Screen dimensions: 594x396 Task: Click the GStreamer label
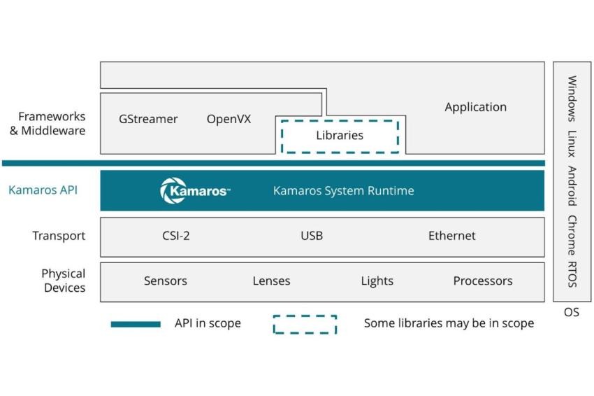148,119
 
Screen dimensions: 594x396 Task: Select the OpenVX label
229,119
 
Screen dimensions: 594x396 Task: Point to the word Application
475,107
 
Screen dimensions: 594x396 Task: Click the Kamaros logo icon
173,190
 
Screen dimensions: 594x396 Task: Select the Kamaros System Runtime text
344,190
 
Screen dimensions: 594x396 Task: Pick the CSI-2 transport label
176,236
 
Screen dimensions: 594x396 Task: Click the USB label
312,236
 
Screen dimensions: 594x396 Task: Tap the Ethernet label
452,236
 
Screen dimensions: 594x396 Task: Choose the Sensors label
166,281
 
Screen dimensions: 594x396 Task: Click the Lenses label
271,281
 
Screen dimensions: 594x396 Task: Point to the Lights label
377,281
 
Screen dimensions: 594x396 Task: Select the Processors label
483,281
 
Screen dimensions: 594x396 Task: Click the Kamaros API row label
43,190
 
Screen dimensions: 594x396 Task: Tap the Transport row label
59,236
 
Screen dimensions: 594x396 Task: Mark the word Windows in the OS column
572,98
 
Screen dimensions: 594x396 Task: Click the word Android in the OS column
572,186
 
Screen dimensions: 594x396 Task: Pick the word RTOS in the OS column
572,274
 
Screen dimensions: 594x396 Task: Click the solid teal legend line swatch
136,324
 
